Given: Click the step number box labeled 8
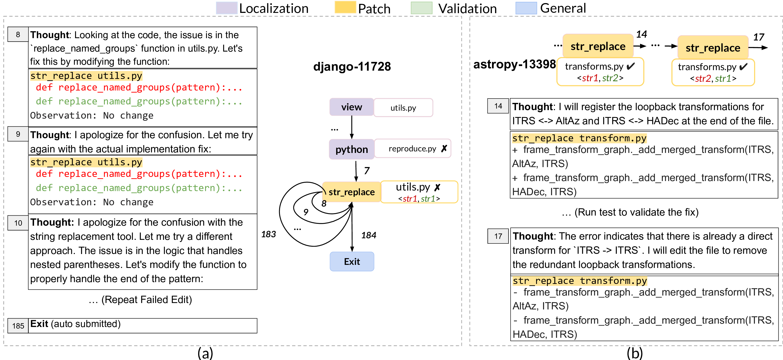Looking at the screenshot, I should point(18,34).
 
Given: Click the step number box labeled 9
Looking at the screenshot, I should point(18,134).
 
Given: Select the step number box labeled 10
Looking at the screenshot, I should point(18,223).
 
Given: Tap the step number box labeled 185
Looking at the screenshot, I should point(18,326).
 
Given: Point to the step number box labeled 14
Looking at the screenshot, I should point(498,106).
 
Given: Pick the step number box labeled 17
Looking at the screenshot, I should point(498,236).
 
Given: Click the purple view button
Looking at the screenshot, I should point(351,107).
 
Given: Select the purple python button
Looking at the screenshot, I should point(351,149).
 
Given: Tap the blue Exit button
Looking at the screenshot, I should point(352,261).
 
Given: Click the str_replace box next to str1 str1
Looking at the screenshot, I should point(351,192).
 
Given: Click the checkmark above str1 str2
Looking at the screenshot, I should point(631,66).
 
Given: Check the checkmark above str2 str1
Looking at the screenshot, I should point(743,67).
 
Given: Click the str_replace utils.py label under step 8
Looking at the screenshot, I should point(86,76).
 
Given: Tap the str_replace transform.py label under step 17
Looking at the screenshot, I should point(580,281).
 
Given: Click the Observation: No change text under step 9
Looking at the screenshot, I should point(92,202).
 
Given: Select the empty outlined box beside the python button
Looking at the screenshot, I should point(413,148).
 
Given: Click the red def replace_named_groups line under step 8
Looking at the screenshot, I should point(139,87).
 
